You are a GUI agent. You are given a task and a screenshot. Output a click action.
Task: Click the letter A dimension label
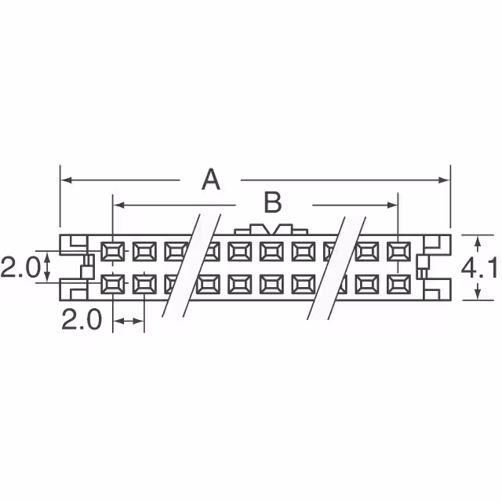tap(210, 180)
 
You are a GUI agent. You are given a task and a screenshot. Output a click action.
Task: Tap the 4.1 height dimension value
tap(479, 269)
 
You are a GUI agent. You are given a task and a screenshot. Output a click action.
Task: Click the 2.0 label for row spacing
tap(18, 268)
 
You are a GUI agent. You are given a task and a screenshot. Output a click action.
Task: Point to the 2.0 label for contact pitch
tap(82, 321)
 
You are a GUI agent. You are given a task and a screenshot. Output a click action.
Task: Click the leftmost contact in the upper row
tap(112, 252)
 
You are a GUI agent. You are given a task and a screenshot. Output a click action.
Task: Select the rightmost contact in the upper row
tap(398, 252)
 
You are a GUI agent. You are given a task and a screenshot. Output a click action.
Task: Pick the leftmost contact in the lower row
tap(112, 283)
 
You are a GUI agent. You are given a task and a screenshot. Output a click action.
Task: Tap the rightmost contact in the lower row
tap(398, 283)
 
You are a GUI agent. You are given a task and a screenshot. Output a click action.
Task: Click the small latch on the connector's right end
tap(424, 267)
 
